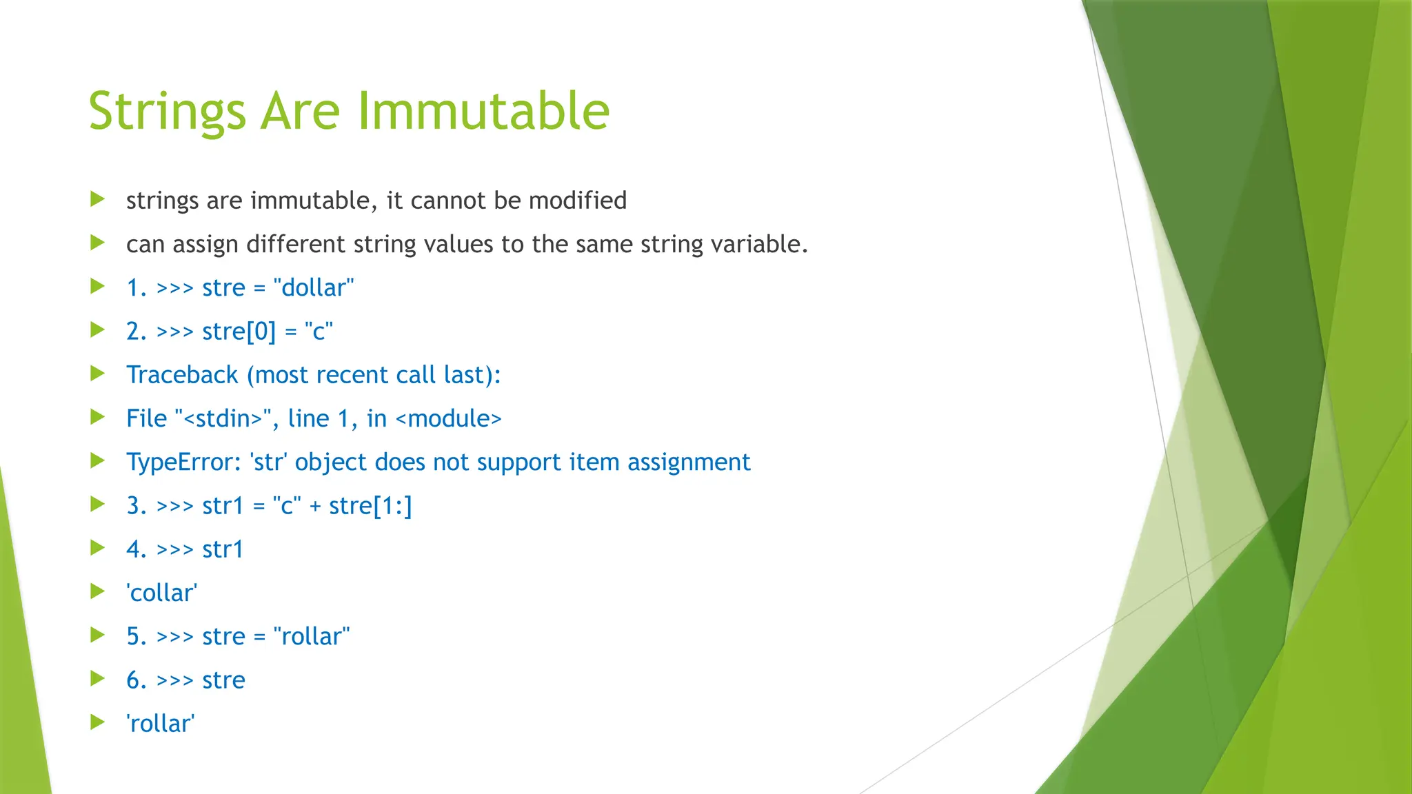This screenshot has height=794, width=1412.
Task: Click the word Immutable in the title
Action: [x=483, y=111]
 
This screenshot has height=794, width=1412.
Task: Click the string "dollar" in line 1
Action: [x=314, y=287]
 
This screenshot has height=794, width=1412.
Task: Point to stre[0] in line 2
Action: [x=239, y=332]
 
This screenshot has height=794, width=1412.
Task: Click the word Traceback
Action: [x=182, y=375]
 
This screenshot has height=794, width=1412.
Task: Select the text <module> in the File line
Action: [x=448, y=418]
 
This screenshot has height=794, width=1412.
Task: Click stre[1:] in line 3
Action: [x=370, y=506]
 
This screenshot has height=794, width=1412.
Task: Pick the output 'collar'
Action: [x=161, y=593]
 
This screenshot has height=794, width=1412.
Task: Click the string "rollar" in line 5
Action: [x=312, y=636]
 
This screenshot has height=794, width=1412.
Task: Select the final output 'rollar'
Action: [x=160, y=724]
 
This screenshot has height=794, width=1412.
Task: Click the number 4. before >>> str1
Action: [x=136, y=549]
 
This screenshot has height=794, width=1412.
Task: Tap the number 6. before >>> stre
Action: [x=136, y=680]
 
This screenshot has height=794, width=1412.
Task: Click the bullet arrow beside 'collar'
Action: [x=97, y=591]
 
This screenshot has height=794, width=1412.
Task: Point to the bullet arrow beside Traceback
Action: [x=97, y=374]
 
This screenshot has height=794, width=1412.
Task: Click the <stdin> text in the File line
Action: [x=224, y=418]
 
